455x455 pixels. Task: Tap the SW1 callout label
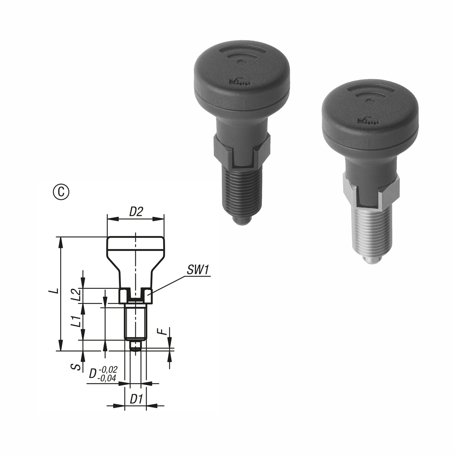[x=198, y=270]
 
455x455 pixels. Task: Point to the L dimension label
[x=54, y=291]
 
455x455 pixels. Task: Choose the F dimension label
[x=164, y=331]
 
